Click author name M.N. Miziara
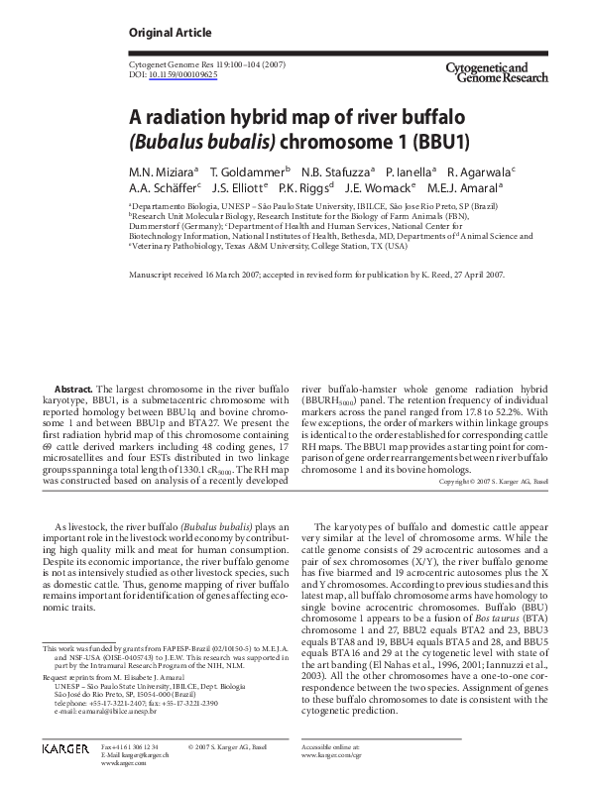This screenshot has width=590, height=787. click(162, 170)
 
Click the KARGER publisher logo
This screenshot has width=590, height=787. click(64, 773)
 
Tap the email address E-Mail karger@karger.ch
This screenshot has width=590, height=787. click(135, 773)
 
